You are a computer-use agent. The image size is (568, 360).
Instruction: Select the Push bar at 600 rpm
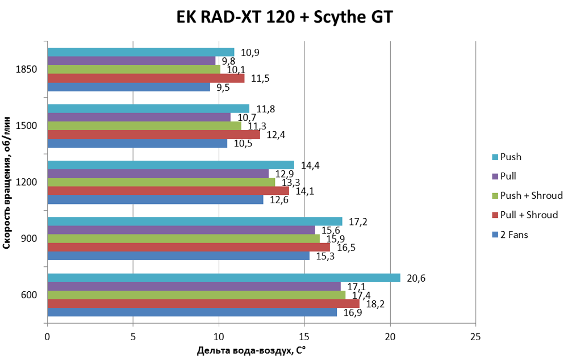coord(224,278)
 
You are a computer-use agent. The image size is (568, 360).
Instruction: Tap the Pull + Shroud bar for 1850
coord(146,78)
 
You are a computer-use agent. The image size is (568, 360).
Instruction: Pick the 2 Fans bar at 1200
coord(155,200)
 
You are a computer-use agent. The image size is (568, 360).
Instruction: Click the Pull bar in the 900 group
coord(181,229)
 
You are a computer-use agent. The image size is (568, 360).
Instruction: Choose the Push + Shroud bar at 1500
coord(144,126)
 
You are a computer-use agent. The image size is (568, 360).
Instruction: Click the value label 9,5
coord(223,87)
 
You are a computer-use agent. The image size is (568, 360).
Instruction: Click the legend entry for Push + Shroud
coord(531,195)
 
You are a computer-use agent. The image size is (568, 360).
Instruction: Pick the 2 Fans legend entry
coord(514,234)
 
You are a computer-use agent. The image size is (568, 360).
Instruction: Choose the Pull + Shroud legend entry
coord(529,215)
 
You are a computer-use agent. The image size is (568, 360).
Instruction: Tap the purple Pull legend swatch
coord(496,177)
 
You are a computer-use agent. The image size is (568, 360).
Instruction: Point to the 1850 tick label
coord(27,69)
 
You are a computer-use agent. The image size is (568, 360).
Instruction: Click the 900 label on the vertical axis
coord(30,238)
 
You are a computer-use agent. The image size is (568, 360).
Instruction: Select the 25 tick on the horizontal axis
coord(475,337)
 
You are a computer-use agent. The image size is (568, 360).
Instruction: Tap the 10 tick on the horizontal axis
coord(219,337)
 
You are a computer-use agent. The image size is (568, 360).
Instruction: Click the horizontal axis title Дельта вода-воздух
coord(250,350)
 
